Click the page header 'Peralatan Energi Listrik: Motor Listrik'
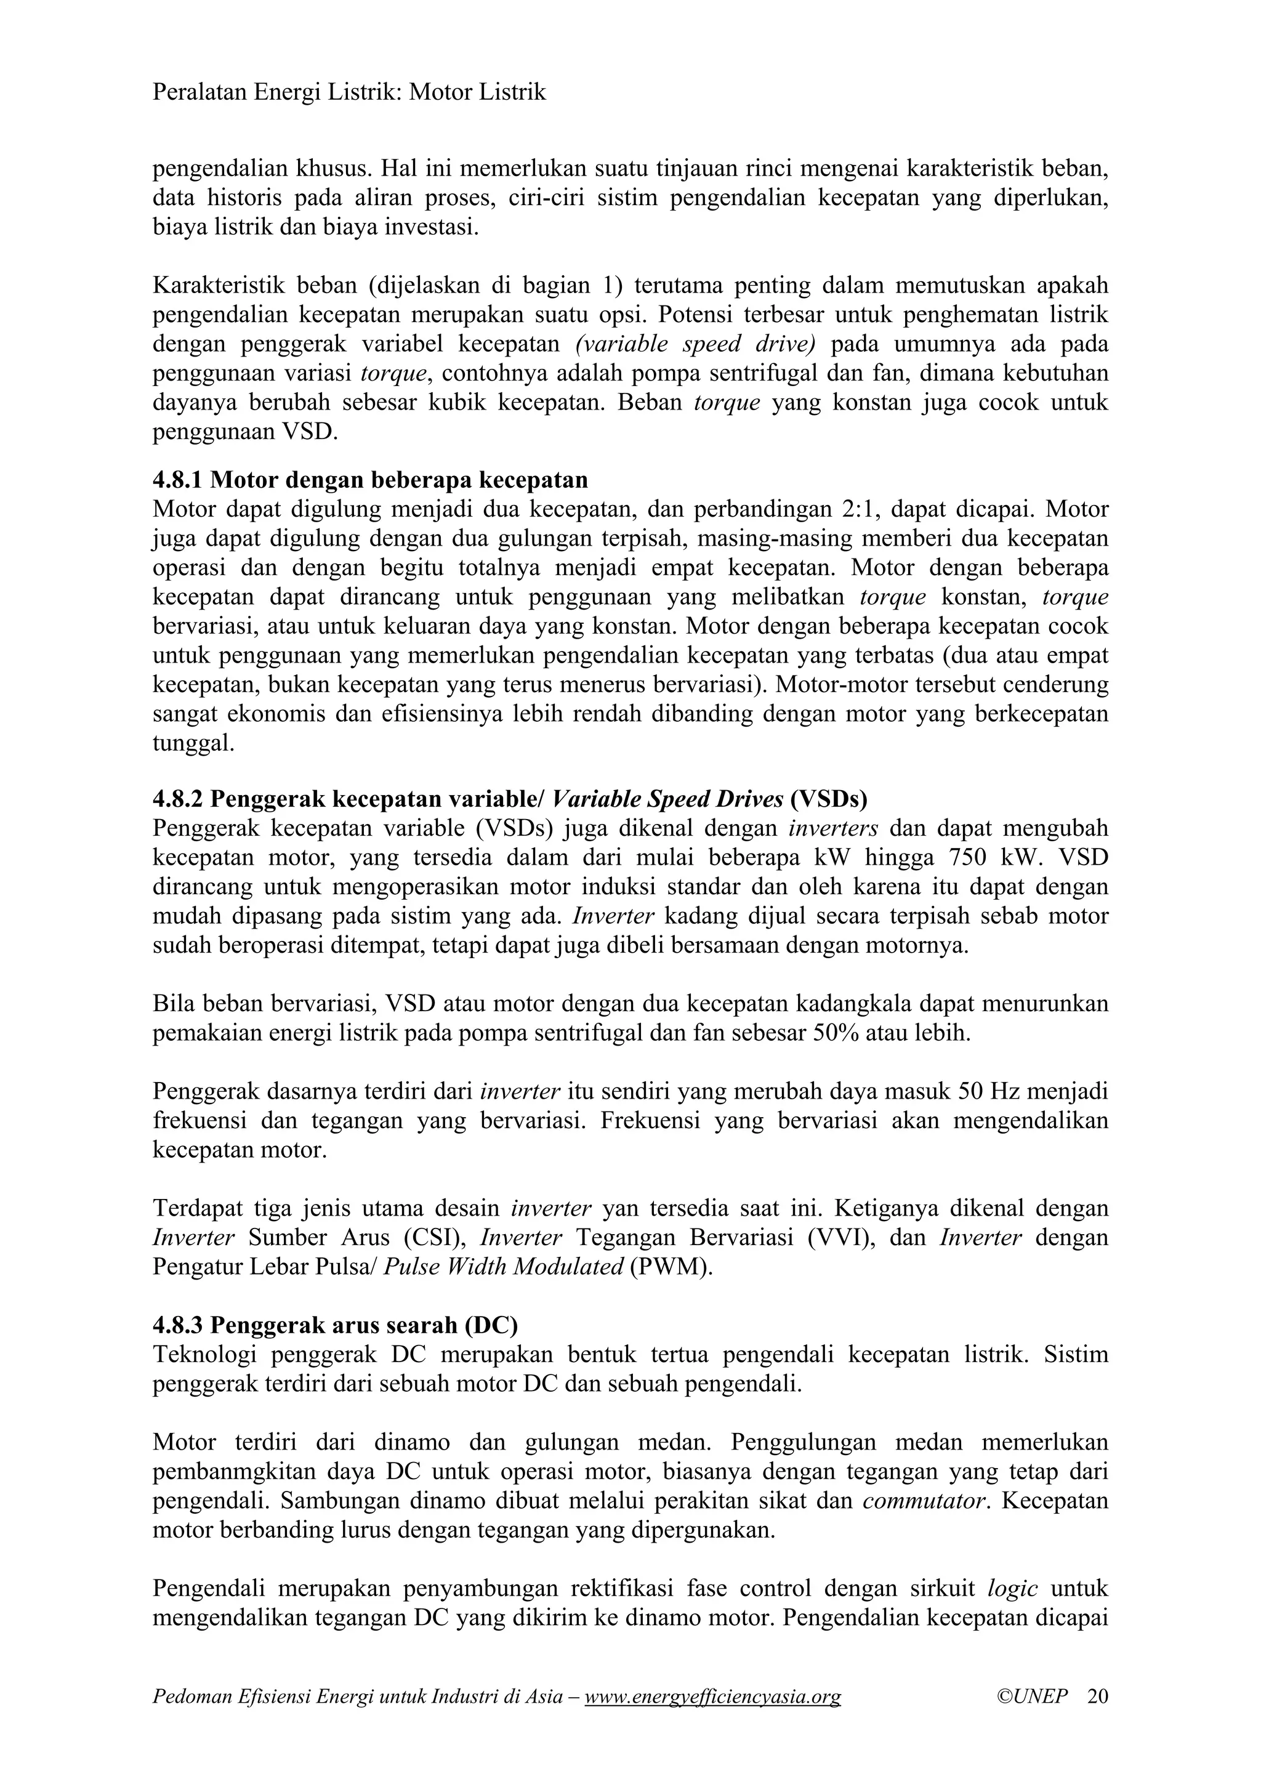pyautogui.click(x=349, y=93)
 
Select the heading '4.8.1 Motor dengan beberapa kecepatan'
pyautogui.click(x=370, y=480)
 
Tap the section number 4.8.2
pyautogui.click(x=177, y=799)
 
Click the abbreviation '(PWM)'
pyautogui.click(x=671, y=1267)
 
